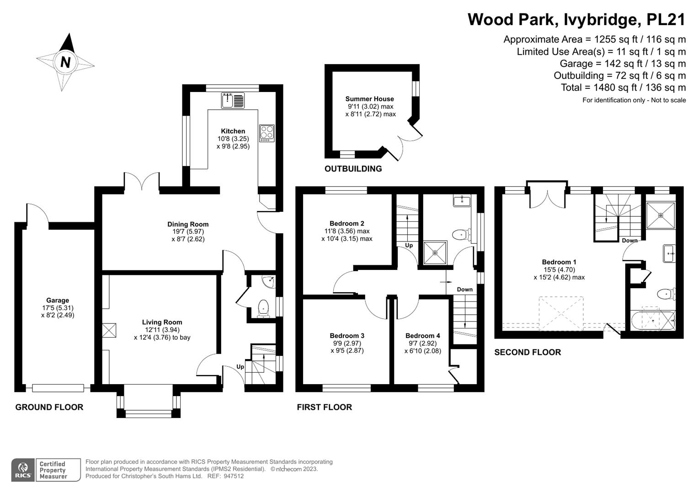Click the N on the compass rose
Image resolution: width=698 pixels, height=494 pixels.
click(x=65, y=62)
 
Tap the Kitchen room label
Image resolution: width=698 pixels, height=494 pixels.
click(x=233, y=131)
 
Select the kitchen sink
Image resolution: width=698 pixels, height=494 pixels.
click(x=233, y=101)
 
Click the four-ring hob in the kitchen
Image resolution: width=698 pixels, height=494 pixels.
click(x=267, y=133)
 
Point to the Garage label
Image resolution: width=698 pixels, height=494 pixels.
click(x=58, y=301)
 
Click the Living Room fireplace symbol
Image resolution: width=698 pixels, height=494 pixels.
click(x=109, y=330)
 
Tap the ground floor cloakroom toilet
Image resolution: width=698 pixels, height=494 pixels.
click(x=264, y=308)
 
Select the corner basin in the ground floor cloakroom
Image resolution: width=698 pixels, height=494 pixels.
click(x=269, y=281)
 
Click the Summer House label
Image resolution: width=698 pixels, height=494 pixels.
click(x=369, y=99)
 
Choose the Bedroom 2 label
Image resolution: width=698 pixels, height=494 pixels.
click(x=347, y=223)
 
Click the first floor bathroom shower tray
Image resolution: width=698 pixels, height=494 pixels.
click(x=435, y=252)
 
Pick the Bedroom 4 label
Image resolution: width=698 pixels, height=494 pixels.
click(x=422, y=336)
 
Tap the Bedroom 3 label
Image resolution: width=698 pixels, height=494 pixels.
click(x=347, y=336)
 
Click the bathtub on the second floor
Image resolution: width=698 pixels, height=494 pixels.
click(x=653, y=320)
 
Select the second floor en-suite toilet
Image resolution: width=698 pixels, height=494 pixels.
click(x=666, y=294)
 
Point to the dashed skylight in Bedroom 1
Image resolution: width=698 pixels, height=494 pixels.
click(x=561, y=313)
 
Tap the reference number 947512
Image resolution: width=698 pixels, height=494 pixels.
click(x=234, y=476)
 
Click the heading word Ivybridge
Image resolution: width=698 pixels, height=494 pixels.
click(x=602, y=19)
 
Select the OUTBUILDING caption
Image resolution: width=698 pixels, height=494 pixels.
click(x=353, y=169)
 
